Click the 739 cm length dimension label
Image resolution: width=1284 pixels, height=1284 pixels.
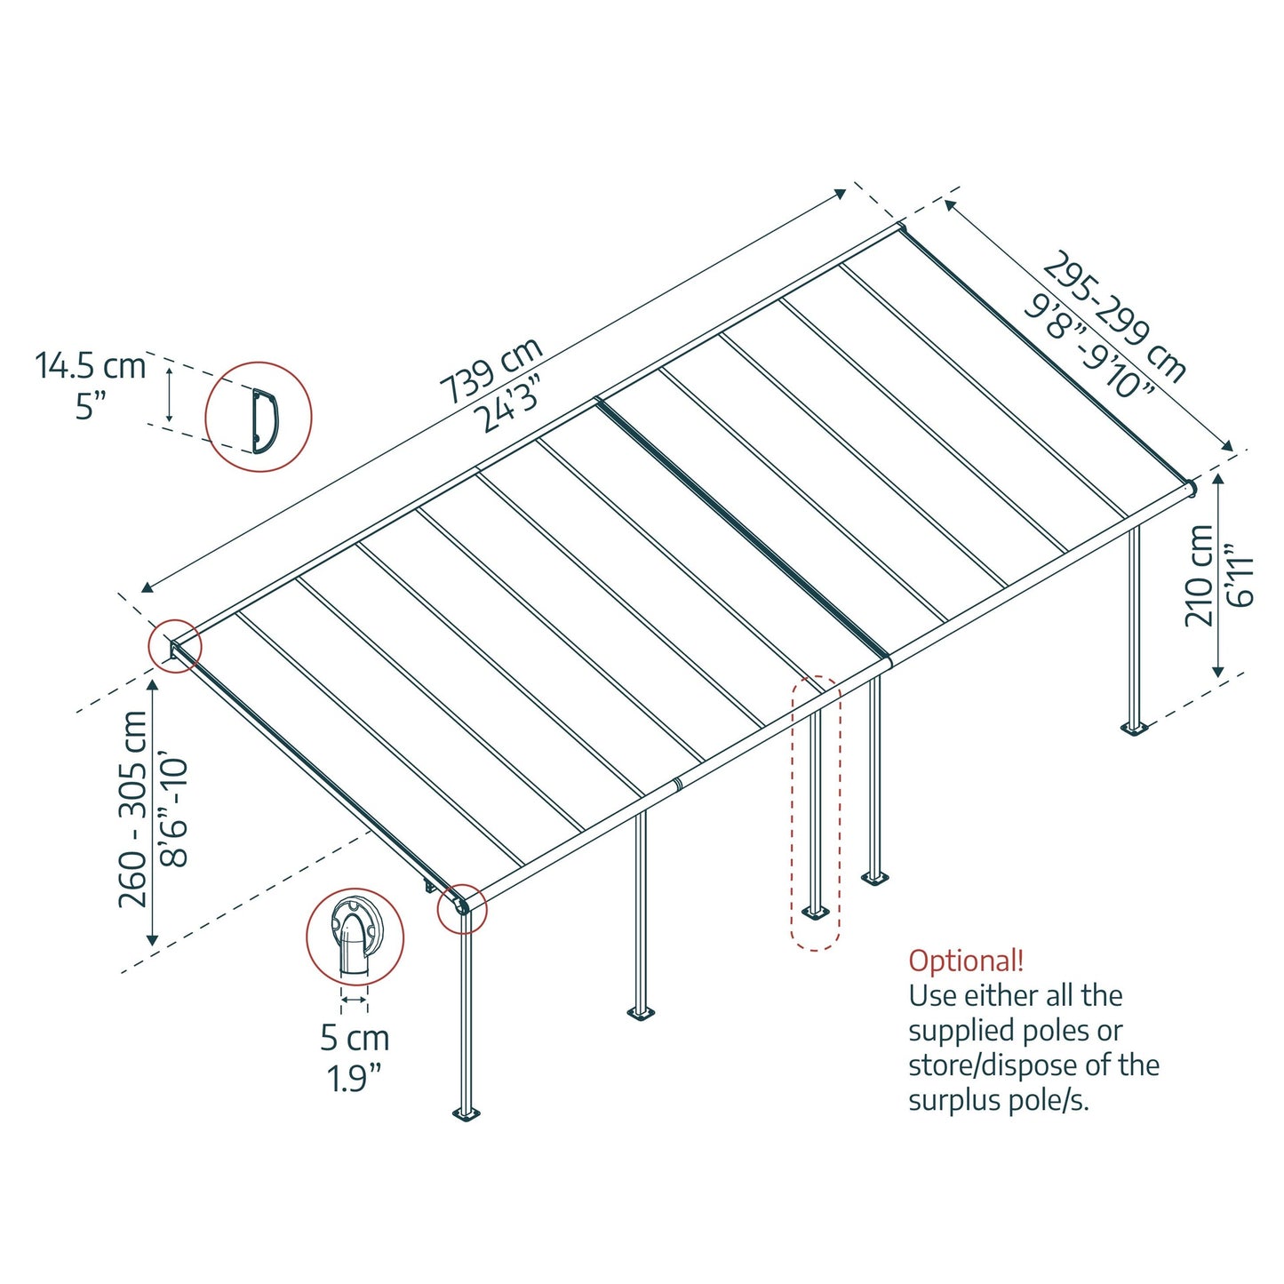tap(490, 370)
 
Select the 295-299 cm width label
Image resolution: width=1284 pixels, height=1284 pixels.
tap(1115, 316)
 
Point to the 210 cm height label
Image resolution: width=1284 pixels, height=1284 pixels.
tap(1199, 575)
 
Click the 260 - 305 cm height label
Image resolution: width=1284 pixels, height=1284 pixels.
tap(133, 809)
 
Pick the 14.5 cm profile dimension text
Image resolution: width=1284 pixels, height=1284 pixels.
tap(90, 366)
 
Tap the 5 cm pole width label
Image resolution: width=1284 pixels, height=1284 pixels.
tap(355, 1038)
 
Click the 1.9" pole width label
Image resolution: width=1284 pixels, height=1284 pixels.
tap(355, 1079)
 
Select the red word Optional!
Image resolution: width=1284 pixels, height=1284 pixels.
tap(965, 961)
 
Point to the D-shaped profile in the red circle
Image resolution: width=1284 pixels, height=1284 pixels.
tap(264, 420)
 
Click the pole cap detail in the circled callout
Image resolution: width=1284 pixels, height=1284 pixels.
tap(355, 936)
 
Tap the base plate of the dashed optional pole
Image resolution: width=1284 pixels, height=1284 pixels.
tap(815, 912)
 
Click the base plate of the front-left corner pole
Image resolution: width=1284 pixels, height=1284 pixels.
tap(466, 1113)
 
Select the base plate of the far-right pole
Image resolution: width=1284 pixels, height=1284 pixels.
tap(1134, 729)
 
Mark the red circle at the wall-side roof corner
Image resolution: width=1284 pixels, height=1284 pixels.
tap(175, 646)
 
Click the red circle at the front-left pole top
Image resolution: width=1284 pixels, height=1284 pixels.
tap(462, 908)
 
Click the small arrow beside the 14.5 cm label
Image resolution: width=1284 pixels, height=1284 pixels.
tap(169, 395)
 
